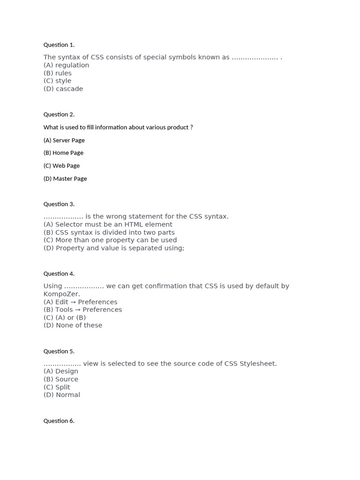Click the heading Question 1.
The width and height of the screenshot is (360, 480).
coord(59,45)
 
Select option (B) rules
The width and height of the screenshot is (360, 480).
coord(58,73)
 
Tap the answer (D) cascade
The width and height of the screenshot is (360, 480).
coord(63,89)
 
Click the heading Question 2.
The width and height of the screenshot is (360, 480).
coord(59,114)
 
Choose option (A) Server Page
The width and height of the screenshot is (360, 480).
coord(64,140)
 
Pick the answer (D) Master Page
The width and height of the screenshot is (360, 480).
coord(65,179)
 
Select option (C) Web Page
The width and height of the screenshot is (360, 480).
coord(62,166)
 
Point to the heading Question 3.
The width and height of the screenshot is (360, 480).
coord(59,204)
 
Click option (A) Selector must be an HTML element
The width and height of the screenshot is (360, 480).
coord(108,225)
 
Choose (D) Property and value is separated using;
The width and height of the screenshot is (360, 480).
coord(114,248)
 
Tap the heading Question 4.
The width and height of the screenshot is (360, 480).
coord(59,274)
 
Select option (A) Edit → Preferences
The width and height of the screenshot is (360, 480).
coord(81,302)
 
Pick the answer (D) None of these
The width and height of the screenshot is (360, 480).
coord(73,325)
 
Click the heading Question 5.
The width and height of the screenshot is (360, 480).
coord(59,352)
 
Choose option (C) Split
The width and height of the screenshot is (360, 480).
coord(57,387)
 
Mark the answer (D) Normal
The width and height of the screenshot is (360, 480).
coord(62,395)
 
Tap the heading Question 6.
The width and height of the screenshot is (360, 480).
coord(59,421)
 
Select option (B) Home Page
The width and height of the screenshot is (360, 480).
coord(63,153)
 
